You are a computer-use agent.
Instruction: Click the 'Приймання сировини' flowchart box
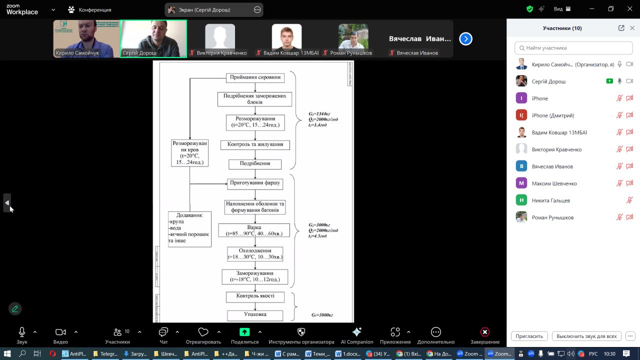pos(255,77)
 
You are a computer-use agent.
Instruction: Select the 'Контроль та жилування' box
pos(255,144)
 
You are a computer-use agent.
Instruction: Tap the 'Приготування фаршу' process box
pos(255,183)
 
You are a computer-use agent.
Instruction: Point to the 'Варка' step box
pos(254,230)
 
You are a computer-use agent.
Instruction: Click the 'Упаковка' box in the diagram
pos(255,315)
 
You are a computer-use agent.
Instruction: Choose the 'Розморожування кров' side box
pos(189,152)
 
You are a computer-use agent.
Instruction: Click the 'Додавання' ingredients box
pos(189,228)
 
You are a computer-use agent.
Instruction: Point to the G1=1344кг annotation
pos(319,114)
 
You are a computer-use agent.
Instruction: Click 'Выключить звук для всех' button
pos(586,336)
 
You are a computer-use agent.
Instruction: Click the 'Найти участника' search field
pos(573,48)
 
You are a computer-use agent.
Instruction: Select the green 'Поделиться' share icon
pos(244,332)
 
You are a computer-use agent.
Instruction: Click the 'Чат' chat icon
pos(163,332)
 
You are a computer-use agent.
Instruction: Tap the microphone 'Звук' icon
pos(22,332)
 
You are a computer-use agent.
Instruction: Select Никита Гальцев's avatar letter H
pos(521,200)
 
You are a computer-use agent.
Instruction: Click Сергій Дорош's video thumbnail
pos(153,39)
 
